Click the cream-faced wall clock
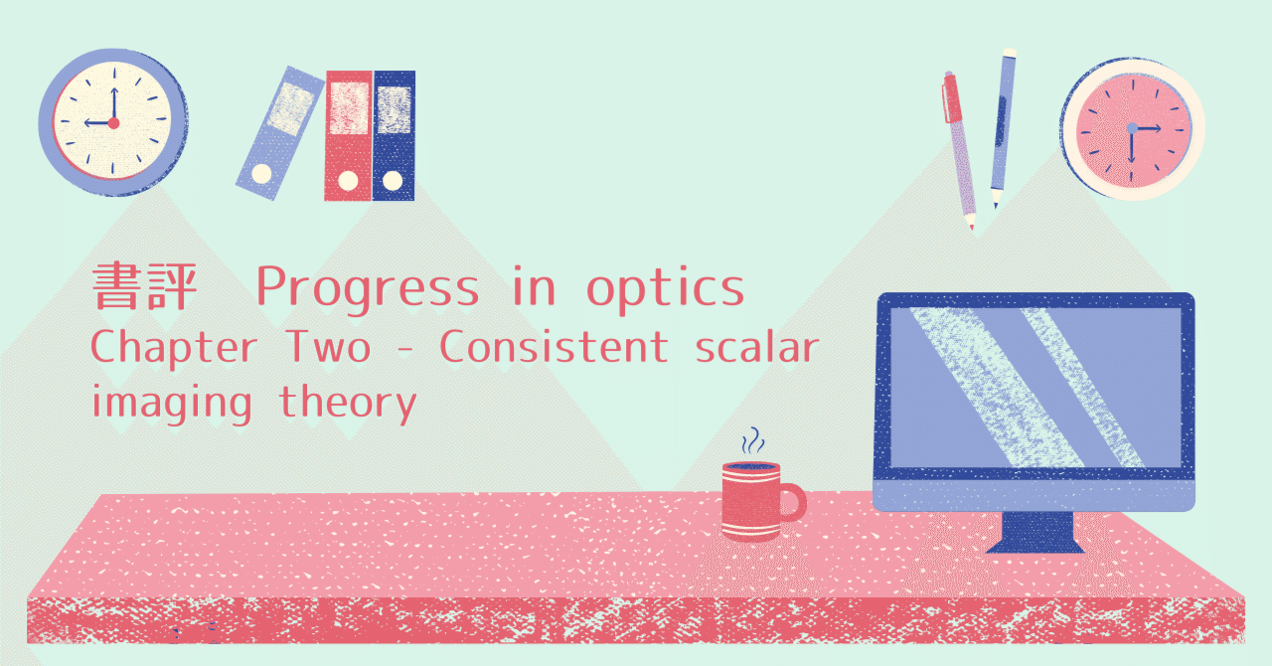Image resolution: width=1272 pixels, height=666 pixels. tap(112, 122)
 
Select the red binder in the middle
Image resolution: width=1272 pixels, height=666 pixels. tap(348, 135)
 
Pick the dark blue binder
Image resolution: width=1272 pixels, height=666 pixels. tap(394, 135)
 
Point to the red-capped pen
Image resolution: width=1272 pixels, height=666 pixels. tap(959, 149)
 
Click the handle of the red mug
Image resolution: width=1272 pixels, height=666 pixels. tap(792, 502)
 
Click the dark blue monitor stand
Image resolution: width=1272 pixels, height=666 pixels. tap(1034, 532)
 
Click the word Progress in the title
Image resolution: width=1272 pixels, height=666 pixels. tap(368, 289)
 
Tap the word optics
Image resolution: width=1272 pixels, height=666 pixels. tap(665, 289)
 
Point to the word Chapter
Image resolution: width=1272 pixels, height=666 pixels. tap(174, 348)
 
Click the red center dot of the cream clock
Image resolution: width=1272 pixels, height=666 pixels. tap(113, 123)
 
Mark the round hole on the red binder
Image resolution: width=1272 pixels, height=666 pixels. tap(348, 181)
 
